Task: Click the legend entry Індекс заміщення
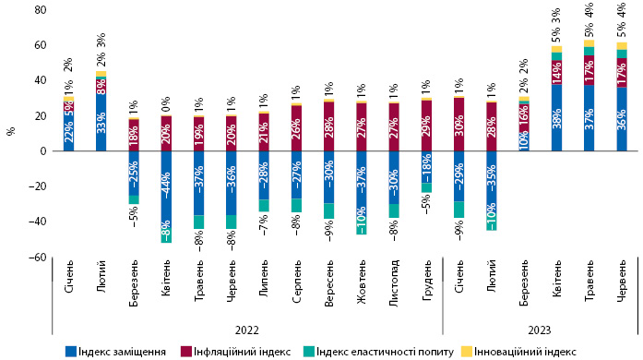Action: [x=115, y=352]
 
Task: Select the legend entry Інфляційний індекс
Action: [x=235, y=352]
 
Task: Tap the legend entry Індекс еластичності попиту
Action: [x=378, y=352]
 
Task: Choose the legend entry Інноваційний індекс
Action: [x=518, y=352]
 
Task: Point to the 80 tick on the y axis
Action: [x=41, y=10]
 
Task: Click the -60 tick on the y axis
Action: [x=37, y=258]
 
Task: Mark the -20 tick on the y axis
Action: [x=37, y=186]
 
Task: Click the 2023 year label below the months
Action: [x=540, y=330]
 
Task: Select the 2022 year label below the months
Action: [x=247, y=330]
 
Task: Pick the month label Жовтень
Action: [x=362, y=282]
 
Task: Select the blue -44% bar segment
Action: [x=166, y=190]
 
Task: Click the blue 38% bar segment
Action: [x=556, y=118]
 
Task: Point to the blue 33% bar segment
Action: [x=101, y=122]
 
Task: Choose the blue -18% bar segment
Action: [x=426, y=167]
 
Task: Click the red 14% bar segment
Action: [x=556, y=72]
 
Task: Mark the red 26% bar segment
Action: [x=296, y=128]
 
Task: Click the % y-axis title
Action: [x=11, y=131]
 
